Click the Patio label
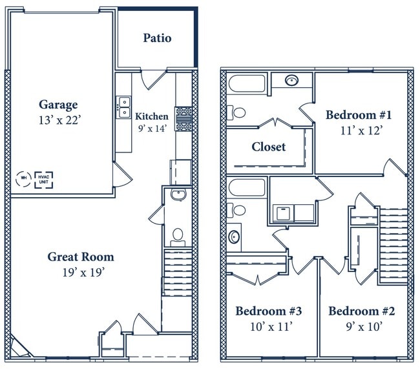click(157, 38)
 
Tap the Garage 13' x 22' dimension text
click(59, 120)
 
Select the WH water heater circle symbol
click(23, 179)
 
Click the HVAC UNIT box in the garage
click(44, 180)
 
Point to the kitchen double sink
click(125, 107)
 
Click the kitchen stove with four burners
click(184, 119)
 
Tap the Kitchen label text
click(152, 116)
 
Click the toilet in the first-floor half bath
click(178, 237)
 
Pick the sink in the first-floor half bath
click(178, 195)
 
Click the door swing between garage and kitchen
click(122, 174)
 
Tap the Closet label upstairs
click(269, 147)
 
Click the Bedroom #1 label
click(359, 115)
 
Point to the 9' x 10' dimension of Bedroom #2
click(364, 326)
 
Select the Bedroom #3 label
click(269, 311)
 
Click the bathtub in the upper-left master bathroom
click(247, 83)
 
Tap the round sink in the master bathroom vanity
click(291, 80)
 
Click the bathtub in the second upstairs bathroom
click(247, 187)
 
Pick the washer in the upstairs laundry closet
click(283, 213)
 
